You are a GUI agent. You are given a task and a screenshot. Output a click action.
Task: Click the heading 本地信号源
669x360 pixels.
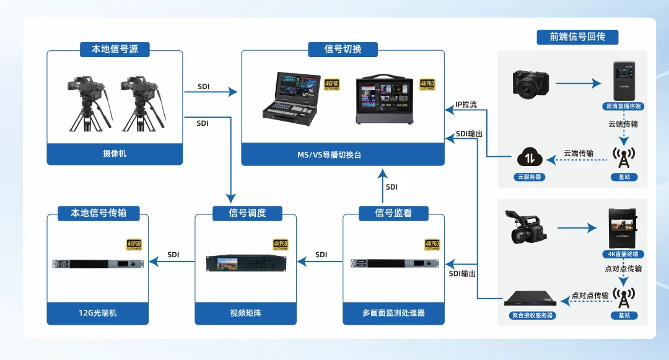coord(115,49)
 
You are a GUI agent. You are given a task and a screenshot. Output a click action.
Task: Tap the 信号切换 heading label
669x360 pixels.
coord(343,49)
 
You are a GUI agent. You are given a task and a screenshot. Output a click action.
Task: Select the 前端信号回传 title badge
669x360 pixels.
coord(577,37)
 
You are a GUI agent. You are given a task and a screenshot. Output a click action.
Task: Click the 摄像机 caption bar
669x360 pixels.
coord(115,153)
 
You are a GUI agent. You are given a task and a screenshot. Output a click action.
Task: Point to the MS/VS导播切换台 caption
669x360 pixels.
coord(343,154)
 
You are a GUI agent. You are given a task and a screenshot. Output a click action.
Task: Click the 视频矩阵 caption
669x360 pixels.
coord(245,313)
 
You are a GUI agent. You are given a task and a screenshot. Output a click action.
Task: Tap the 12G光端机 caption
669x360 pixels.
coord(98,313)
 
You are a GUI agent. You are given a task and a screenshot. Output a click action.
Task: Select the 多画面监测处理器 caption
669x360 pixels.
coord(393,313)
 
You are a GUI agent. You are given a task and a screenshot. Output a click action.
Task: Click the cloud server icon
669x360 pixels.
coord(530,157)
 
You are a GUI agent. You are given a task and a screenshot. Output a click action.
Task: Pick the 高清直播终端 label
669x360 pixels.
coord(624,107)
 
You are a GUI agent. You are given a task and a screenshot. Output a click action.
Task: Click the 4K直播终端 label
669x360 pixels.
coord(624,254)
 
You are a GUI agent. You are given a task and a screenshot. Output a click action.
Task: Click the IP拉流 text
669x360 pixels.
coord(466,105)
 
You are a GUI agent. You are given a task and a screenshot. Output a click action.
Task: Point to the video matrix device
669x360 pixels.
coord(245,263)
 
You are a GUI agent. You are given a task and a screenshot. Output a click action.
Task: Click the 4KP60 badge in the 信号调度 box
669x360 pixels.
coord(281,245)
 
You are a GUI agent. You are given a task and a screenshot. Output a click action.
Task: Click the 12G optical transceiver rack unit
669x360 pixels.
coord(98,263)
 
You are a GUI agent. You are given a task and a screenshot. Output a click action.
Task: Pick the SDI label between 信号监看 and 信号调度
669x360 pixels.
coord(321,255)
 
